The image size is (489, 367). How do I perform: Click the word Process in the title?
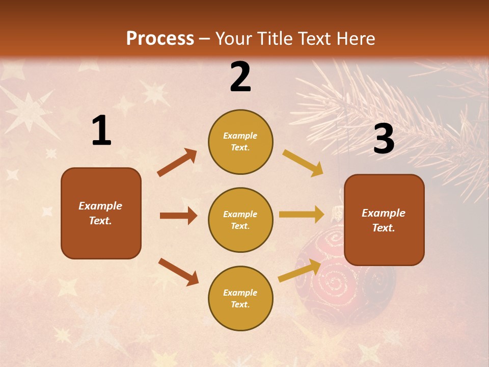coord(160,39)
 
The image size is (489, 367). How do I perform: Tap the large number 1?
coord(101,131)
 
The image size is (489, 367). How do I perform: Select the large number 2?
coord(240,77)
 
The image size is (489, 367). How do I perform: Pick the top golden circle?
coord(240,142)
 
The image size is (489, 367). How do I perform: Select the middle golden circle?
coord(240,220)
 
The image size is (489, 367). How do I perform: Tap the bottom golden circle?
coord(240,298)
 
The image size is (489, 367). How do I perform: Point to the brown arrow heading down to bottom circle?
coord(178,272)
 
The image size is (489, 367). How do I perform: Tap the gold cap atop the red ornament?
coord(337,211)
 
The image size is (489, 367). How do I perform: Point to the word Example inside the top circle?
coord(240,136)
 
